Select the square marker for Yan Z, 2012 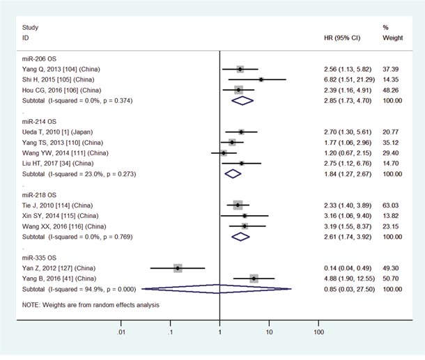pyautogui.click(x=178, y=267)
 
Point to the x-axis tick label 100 pyautogui.click(x=318, y=333)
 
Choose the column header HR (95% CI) pyautogui.click(x=343, y=38)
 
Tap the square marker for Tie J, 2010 pyautogui.click(x=238, y=205)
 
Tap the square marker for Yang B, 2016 pyautogui.click(x=254, y=278)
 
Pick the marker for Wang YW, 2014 pyautogui.click(x=224, y=153)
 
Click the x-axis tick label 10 pyautogui.click(x=269, y=333)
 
